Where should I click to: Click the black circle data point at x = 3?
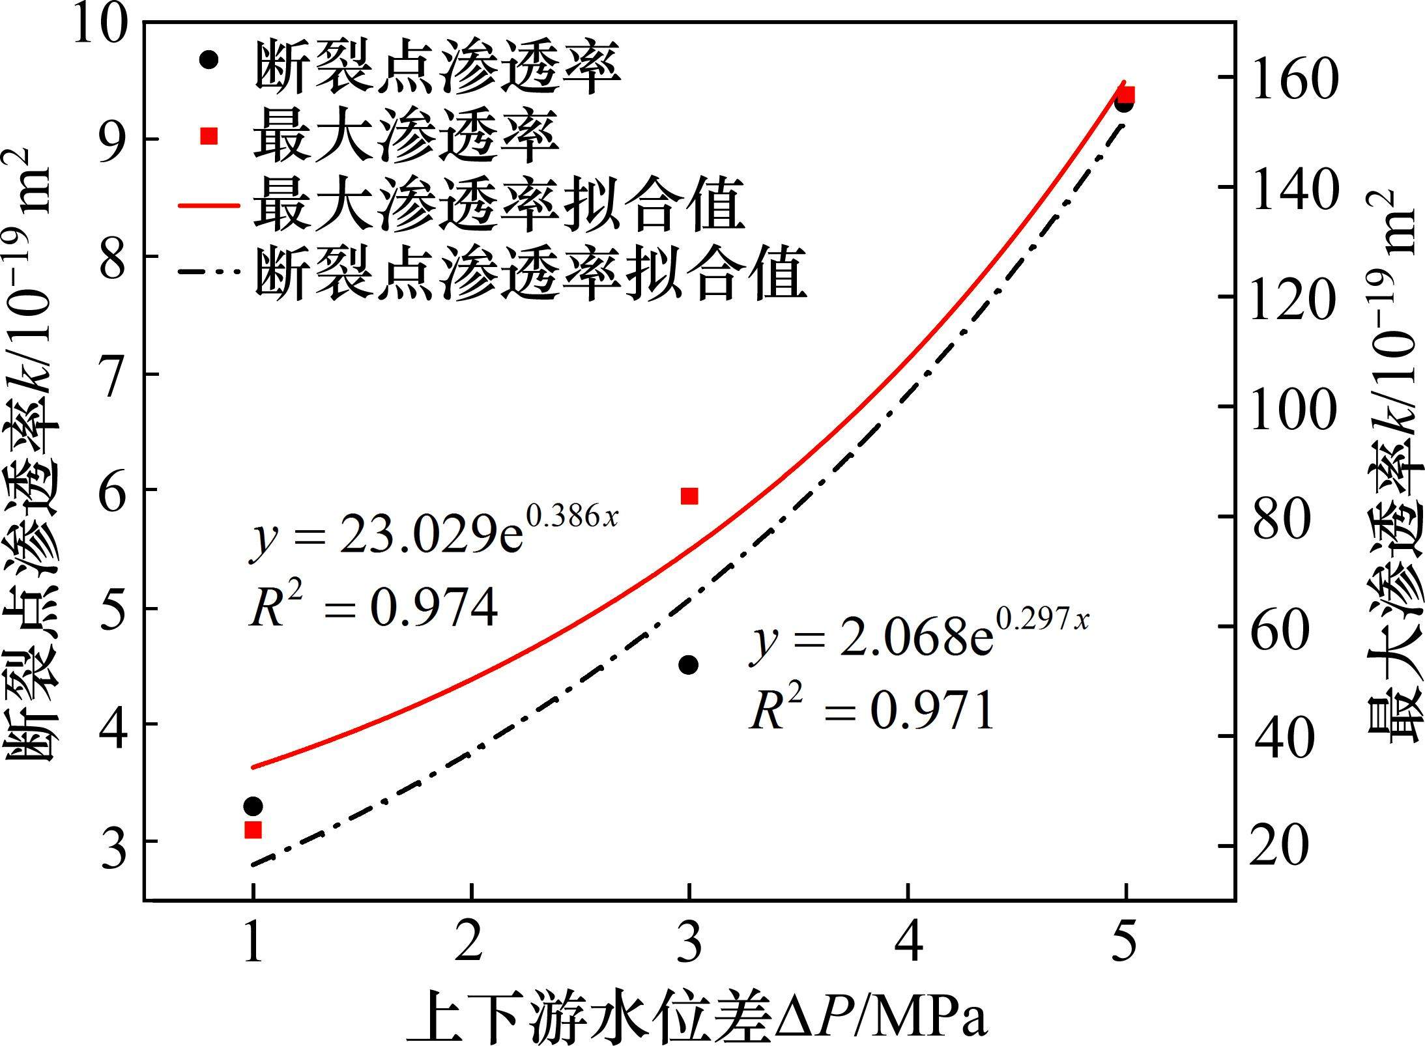point(689,665)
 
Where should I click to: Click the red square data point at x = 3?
point(689,496)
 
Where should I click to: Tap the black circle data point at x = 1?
point(253,806)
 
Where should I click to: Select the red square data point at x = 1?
point(253,830)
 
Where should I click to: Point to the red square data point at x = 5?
point(1127,95)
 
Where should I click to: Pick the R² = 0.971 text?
point(872,710)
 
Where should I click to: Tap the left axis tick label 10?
point(101,26)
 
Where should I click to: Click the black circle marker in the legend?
point(209,59)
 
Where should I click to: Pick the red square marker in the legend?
point(209,136)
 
